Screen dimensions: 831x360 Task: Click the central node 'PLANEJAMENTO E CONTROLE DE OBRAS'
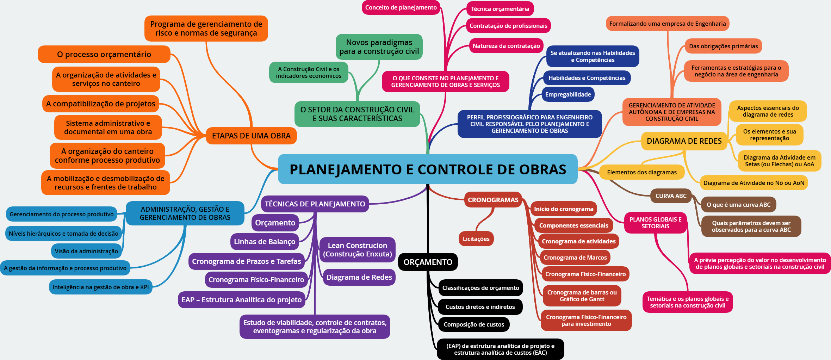coord(427,169)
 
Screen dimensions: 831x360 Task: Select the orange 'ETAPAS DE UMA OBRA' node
coord(251,136)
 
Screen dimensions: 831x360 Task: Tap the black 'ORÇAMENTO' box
coord(428,262)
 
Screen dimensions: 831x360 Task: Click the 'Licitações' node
coord(476,239)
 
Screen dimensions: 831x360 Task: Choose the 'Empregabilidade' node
coord(568,94)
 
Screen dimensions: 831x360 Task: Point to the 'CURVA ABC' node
coord(671,196)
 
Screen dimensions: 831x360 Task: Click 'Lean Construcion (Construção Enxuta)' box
coord(357,250)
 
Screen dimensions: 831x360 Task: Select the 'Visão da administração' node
coord(86,251)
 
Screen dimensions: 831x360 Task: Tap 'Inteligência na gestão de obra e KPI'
coord(100,287)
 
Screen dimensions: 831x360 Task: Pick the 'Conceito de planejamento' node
coord(401,8)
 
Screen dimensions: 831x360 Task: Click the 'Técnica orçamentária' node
coord(500,9)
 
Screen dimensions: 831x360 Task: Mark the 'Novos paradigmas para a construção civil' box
coord(379,47)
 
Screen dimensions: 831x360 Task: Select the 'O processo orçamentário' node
coord(104,54)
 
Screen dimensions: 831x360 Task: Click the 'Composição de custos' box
coord(473,324)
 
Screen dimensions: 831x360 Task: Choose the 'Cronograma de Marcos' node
coord(575,257)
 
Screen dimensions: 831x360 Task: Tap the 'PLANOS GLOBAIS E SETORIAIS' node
coord(655,223)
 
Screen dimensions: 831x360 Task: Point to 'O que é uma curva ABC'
coord(738,205)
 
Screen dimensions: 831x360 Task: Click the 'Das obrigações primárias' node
coord(723,46)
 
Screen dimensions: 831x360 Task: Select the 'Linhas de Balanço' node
coord(265,242)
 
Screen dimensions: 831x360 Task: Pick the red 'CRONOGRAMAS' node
coord(493,200)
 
